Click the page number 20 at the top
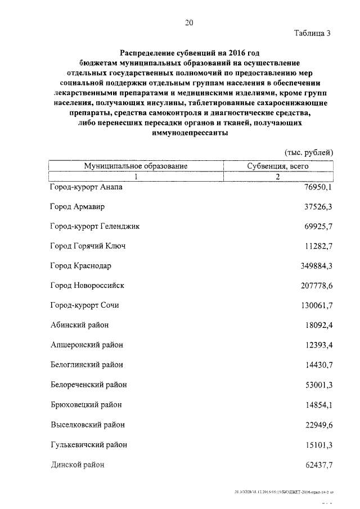pos(188,23)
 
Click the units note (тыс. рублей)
pos(309,152)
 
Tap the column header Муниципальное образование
pos(136,166)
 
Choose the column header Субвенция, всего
pos(278,166)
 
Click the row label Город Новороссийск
pos(87,285)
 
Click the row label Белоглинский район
pos(86,365)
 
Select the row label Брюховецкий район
pos(85,404)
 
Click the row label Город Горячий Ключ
pos(87,246)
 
